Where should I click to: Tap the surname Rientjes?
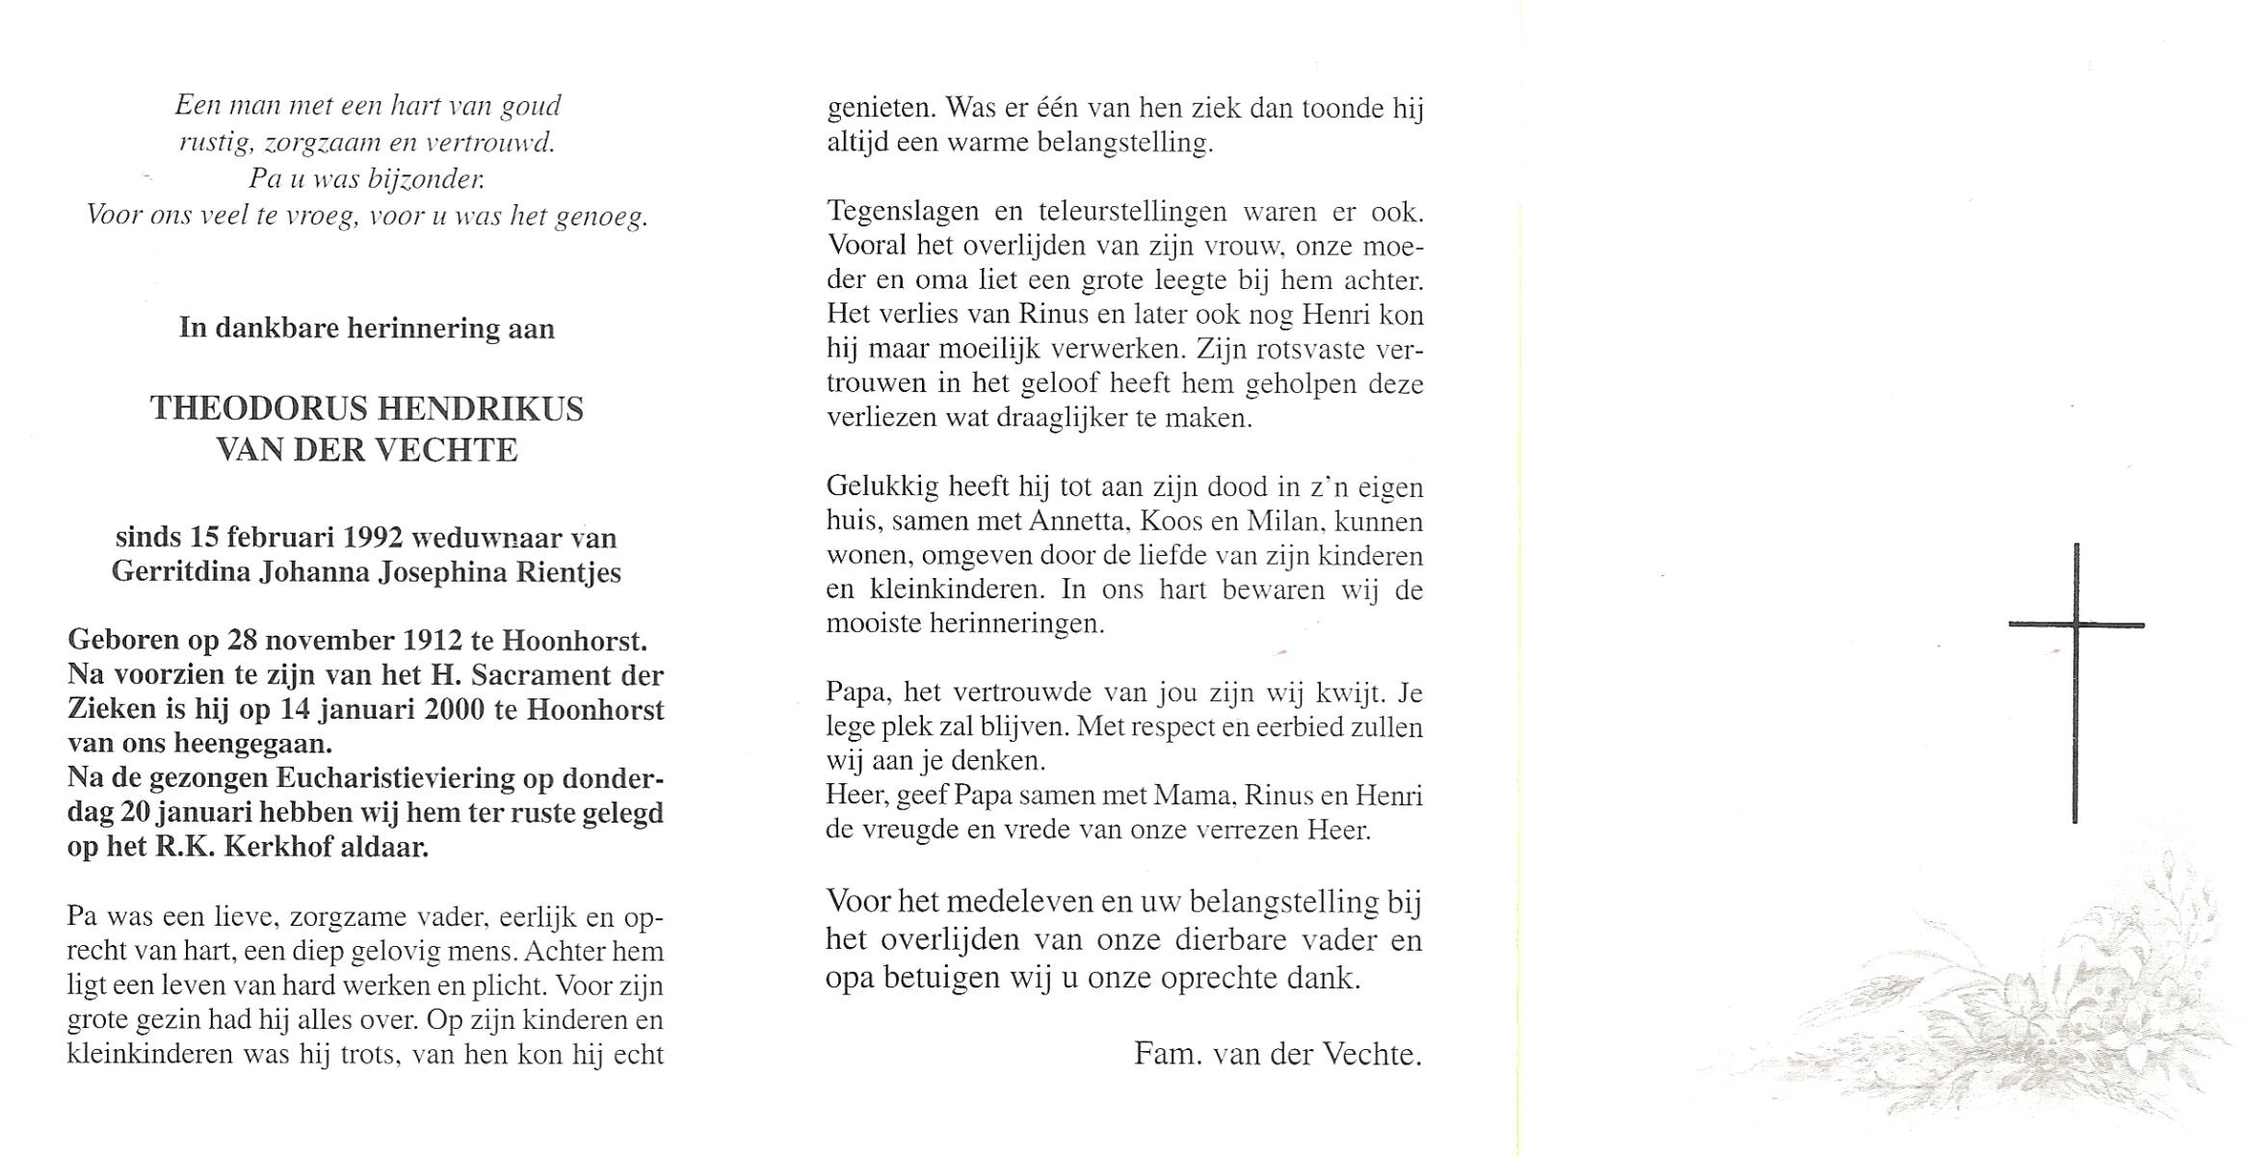tap(567, 572)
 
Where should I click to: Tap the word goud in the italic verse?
tap(531, 106)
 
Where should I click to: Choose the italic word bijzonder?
tap(425, 179)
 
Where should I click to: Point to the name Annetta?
tap(1075, 522)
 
